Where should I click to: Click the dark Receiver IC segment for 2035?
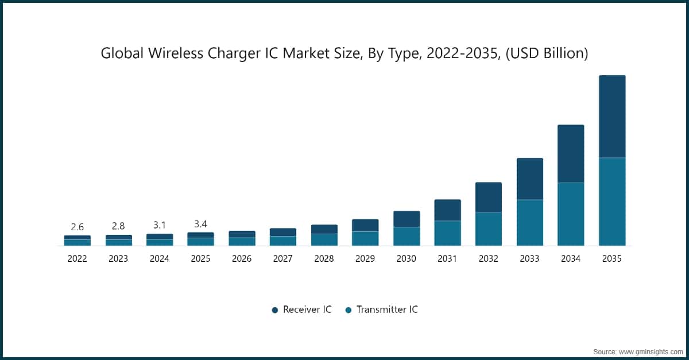(x=612, y=117)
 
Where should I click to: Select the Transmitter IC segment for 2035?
(x=612, y=202)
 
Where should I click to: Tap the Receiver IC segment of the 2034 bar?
(x=571, y=154)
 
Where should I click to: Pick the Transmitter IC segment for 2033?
(x=529, y=223)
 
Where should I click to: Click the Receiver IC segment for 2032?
(x=489, y=198)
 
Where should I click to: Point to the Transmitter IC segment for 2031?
(x=447, y=233)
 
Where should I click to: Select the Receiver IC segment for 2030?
(x=406, y=219)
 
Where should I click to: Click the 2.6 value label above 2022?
(x=77, y=227)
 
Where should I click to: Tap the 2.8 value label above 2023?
(x=118, y=226)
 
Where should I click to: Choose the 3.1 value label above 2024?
(x=160, y=225)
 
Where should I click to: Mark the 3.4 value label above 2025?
(x=200, y=224)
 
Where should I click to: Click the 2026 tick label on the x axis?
(x=242, y=259)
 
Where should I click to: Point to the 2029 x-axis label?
(x=365, y=259)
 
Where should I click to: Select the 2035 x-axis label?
(x=612, y=259)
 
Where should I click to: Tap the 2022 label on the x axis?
(x=77, y=259)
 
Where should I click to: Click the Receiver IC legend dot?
(x=275, y=310)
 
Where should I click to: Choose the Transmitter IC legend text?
(x=387, y=309)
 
